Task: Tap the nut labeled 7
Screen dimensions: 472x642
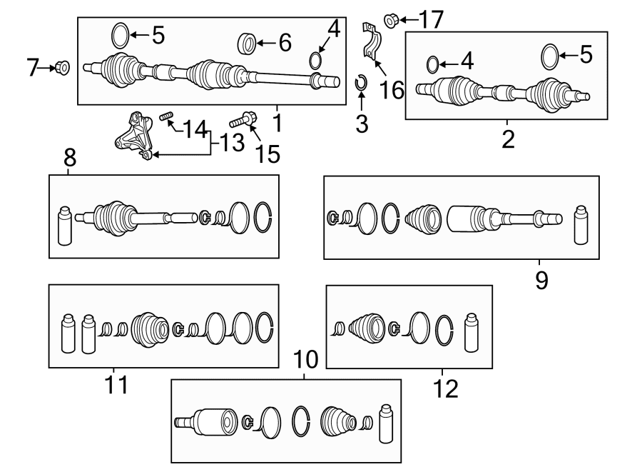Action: (62, 69)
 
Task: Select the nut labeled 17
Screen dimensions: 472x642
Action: (391, 20)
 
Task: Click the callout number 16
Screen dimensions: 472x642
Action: (392, 90)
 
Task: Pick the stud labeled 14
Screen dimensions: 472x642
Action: (166, 117)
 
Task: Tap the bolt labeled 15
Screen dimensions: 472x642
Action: (244, 121)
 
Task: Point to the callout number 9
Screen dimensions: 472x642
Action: (541, 280)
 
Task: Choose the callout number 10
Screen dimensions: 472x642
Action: (304, 358)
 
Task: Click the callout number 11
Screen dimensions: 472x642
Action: (116, 386)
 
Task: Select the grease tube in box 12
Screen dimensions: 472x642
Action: (470, 332)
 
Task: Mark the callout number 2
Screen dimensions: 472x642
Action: (507, 139)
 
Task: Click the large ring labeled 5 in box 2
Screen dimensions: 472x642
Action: (549, 55)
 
